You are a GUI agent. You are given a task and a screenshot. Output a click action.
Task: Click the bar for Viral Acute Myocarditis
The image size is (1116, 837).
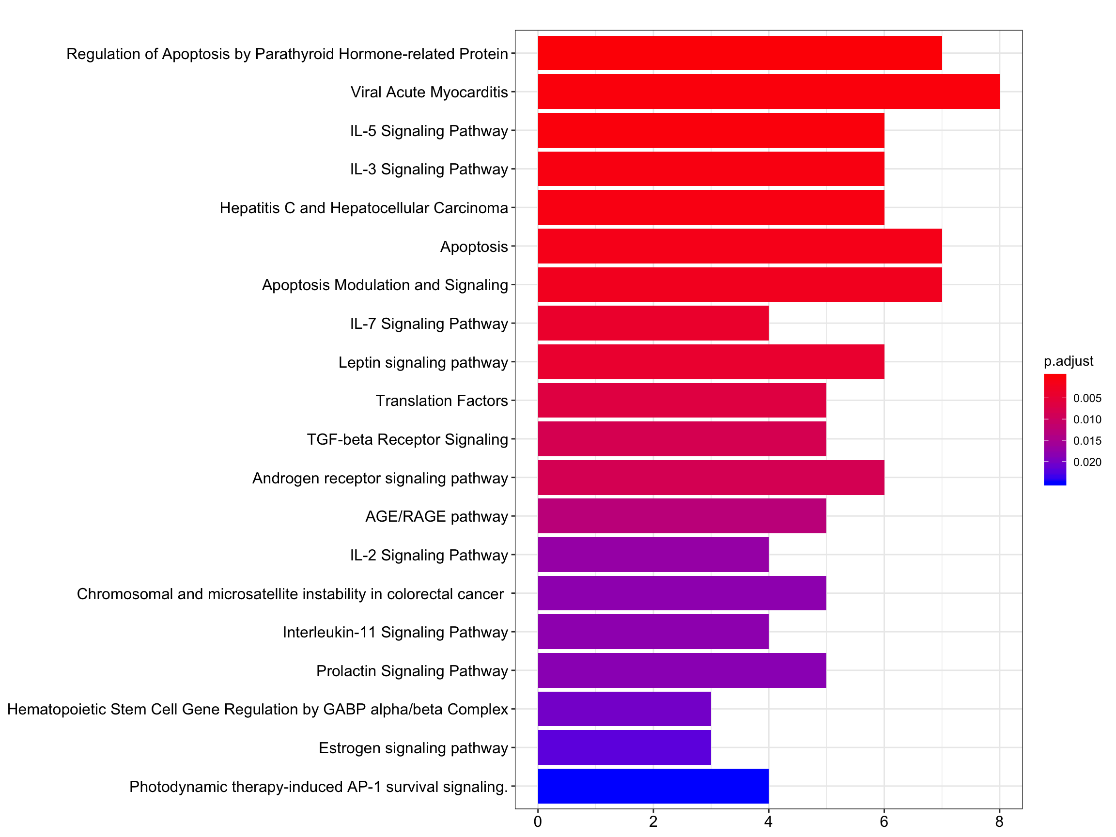click(x=768, y=92)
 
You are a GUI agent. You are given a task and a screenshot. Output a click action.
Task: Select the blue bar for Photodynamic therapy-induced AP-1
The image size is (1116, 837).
click(x=653, y=786)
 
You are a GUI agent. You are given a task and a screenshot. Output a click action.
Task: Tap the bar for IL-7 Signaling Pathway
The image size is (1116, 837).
click(x=653, y=323)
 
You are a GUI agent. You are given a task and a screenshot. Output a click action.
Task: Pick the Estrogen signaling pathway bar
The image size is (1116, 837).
click(x=624, y=747)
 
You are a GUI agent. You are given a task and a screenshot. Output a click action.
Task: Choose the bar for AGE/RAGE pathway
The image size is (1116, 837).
click(x=682, y=516)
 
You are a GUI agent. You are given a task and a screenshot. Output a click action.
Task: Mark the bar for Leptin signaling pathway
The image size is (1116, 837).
click(x=711, y=362)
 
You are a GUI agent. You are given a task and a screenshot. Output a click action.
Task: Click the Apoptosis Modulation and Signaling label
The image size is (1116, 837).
click(x=385, y=285)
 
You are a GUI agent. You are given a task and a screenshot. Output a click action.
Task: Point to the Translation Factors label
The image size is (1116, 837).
click(x=441, y=401)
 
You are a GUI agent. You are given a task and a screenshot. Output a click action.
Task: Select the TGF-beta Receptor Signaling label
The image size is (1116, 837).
click(x=407, y=439)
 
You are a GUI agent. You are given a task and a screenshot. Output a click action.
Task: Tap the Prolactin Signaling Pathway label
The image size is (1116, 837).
click(x=412, y=671)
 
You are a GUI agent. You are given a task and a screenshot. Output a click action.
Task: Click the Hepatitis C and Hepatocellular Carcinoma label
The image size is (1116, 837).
click(x=364, y=208)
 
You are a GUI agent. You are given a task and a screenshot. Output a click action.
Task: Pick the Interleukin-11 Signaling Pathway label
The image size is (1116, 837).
click(x=395, y=632)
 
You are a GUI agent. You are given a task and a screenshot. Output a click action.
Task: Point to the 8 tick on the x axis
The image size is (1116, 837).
click(x=999, y=822)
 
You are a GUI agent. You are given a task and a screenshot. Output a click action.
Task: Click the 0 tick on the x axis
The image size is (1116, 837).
click(x=538, y=822)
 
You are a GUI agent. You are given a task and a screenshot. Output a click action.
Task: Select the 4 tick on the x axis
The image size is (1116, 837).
click(x=768, y=822)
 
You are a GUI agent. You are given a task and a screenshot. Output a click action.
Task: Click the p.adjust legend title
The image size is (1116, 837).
click(x=1069, y=361)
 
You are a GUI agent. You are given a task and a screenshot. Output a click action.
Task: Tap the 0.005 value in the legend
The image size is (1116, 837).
click(x=1087, y=398)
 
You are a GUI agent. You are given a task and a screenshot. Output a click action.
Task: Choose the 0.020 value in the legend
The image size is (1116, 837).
click(x=1087, y=462)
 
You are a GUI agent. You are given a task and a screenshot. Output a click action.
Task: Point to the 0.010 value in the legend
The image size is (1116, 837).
click(x=1087, y=419)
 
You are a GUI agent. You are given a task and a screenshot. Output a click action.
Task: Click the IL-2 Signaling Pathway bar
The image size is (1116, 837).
click(x=653, y=555)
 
